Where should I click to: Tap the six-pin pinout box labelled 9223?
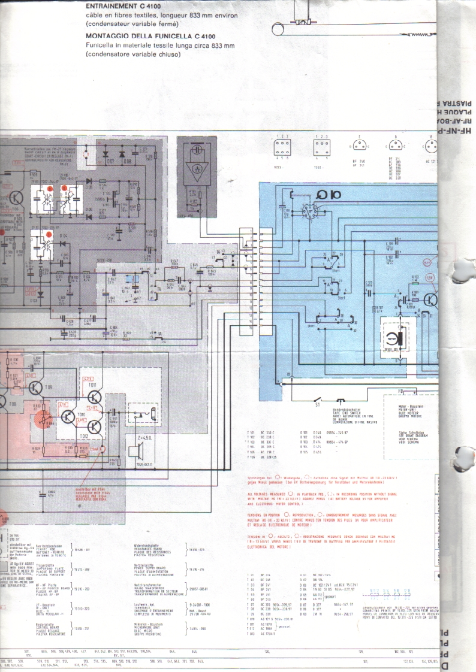coord(282,147)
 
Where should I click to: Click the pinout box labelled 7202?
coord(322,147)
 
